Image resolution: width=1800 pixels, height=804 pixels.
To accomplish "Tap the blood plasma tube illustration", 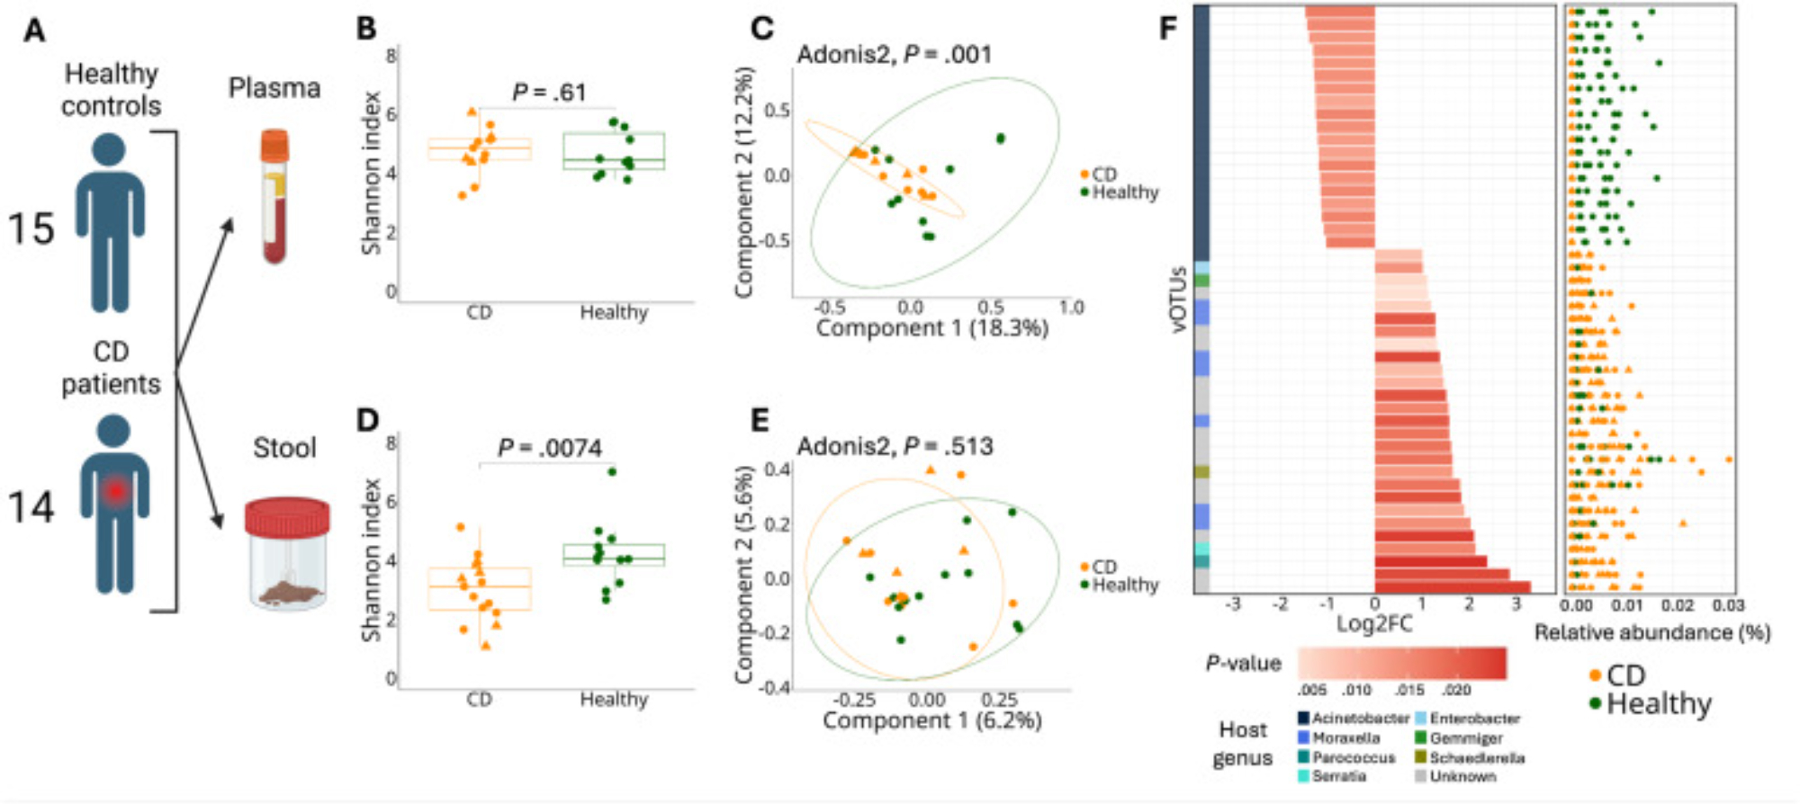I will point(274,196).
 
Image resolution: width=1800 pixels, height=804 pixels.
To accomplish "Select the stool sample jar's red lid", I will point(287,517).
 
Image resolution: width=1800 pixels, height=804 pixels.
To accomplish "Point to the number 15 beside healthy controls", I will point(31,228).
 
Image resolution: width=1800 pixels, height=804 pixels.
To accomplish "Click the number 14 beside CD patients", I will point(31,507).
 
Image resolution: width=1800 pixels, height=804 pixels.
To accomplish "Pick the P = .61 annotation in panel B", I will point(549,92).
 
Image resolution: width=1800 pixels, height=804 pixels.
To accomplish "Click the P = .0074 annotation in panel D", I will point(550,448).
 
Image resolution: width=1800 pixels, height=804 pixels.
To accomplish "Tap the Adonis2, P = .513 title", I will point(895,446).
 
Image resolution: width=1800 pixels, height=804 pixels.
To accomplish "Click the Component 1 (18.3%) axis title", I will point(931,328).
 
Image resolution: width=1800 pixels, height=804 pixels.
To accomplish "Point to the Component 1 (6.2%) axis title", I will point(931,720).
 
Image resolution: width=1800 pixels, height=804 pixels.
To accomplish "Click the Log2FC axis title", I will point(1373,623).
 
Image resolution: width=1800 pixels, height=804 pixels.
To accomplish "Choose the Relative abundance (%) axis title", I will point(1651,633).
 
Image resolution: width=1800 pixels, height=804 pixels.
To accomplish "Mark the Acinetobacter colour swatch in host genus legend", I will point(1303,719).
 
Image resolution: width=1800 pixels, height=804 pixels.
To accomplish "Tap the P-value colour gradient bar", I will point(1401,664).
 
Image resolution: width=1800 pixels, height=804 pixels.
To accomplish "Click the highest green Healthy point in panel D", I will point(613,471).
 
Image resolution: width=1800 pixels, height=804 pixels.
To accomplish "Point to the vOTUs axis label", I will point(1179,299).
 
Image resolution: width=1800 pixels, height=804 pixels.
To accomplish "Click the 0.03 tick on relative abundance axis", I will point(1728,606).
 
